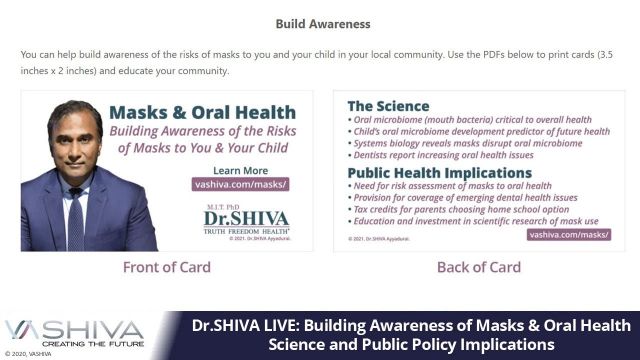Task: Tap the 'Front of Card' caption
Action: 166,267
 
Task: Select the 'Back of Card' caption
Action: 478,267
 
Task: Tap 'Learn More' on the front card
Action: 240,170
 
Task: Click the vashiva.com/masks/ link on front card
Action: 240,185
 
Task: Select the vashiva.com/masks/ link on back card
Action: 569,232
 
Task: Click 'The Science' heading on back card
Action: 388,106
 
